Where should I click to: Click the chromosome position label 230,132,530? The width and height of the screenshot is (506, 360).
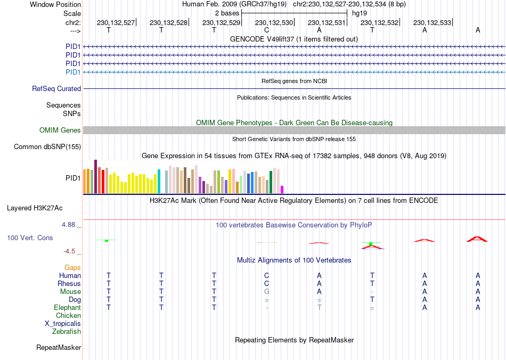click(x=274, y=22)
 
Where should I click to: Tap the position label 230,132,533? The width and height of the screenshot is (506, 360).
click(x=432, y=22)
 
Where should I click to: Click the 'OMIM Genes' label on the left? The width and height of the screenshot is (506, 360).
click(x=60, y=130)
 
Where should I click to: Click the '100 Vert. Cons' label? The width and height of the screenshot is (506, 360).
click(x=30, y=238)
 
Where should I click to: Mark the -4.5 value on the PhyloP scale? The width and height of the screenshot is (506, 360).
click(x=70, y=251)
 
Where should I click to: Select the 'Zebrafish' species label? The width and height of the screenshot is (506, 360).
click(x=67, y=332)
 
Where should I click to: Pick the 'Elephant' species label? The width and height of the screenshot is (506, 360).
click(x=67, y=308)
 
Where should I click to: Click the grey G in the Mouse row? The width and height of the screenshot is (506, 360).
click(x=266, y=292)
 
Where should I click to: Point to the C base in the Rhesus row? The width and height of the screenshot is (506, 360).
click(x=266, y=284)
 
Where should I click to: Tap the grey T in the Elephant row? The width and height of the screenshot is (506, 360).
click(x=319, y=308)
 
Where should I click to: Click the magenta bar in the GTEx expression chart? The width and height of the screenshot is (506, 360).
click(x=282, y=190)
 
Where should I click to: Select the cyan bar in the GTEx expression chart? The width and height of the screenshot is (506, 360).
click(x=159, y=182)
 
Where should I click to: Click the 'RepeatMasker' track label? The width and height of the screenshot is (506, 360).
click(x=59, y=348)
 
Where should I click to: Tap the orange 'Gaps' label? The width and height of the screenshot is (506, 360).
click(x=72, y=268)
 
